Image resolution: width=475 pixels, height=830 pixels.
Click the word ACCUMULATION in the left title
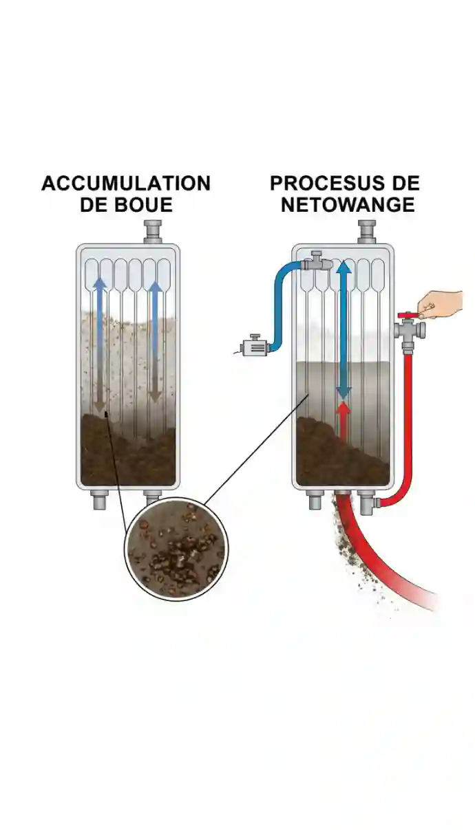[x=126, y=184]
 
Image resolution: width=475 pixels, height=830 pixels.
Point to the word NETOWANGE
[x=348, y=205]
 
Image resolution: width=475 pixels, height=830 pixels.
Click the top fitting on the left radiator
[x=152, y=231]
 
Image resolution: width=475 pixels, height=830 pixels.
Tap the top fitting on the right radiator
[x=366, y=231]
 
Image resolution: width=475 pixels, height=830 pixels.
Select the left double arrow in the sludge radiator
[x=101, y=344]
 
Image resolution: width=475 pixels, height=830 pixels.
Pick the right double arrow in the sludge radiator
[x=155, y=340]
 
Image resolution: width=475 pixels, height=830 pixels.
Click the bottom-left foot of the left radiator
[x=101, y=500]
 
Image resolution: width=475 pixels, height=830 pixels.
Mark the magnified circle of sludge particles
[x=176, y=549]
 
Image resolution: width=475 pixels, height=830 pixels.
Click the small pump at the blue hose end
[x=253, y=344]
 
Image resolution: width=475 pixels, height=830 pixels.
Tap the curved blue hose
[x=282, y=303]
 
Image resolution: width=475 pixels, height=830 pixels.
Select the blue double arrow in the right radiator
[x=343, y=330]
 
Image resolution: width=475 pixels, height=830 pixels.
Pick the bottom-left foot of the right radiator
[x=315, y=500]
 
